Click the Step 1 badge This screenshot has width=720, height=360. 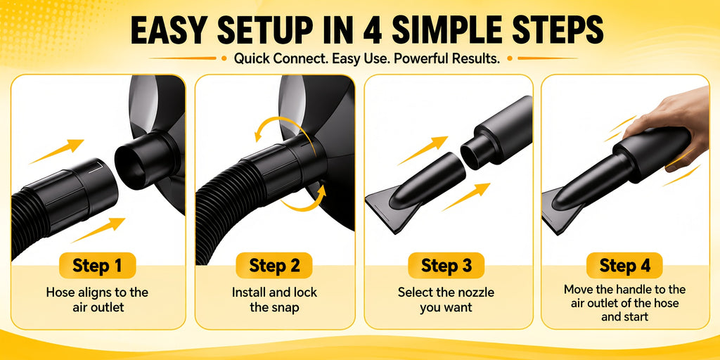point(97,265)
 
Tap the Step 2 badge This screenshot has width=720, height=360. point(274,265)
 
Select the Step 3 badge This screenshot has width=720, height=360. point(446,265)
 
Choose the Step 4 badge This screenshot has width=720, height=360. point(624,265)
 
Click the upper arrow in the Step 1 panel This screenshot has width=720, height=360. point(56,151)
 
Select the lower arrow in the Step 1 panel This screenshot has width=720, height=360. point(98,230)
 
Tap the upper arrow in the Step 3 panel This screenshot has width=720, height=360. point(423,150)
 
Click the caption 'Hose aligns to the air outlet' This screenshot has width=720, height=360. point(98,300)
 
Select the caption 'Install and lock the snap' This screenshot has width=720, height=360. point(274,300)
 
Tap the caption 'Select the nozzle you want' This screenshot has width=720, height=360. point(446,300)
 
